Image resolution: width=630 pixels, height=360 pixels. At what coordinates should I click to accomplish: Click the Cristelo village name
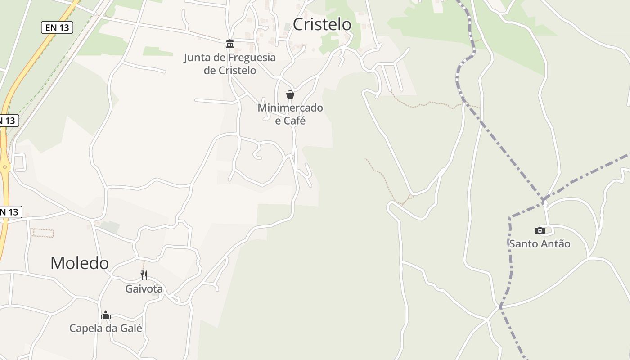322,24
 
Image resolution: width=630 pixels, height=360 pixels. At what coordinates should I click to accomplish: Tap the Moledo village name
79,263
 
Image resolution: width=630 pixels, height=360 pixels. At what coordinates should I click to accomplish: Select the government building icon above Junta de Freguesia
230,44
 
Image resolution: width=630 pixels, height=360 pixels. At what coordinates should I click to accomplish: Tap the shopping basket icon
290,94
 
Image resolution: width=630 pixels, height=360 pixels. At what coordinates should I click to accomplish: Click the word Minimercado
290,108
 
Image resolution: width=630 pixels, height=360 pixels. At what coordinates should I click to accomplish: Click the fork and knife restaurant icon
144,275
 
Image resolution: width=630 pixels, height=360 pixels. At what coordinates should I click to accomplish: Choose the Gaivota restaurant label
144,288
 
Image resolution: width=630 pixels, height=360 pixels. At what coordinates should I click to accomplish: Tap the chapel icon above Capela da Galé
106,315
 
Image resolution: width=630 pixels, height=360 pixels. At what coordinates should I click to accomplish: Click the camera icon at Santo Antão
540,230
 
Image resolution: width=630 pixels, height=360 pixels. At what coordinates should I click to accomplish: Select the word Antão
556,244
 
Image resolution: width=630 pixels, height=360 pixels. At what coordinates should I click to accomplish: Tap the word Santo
524,244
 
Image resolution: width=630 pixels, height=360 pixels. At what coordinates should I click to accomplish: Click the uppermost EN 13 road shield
57,27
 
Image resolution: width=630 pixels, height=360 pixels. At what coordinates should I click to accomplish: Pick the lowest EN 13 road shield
9,212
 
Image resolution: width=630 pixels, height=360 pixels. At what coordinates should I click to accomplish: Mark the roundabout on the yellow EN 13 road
5,167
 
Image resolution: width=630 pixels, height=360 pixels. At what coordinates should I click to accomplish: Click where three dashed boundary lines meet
544,200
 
